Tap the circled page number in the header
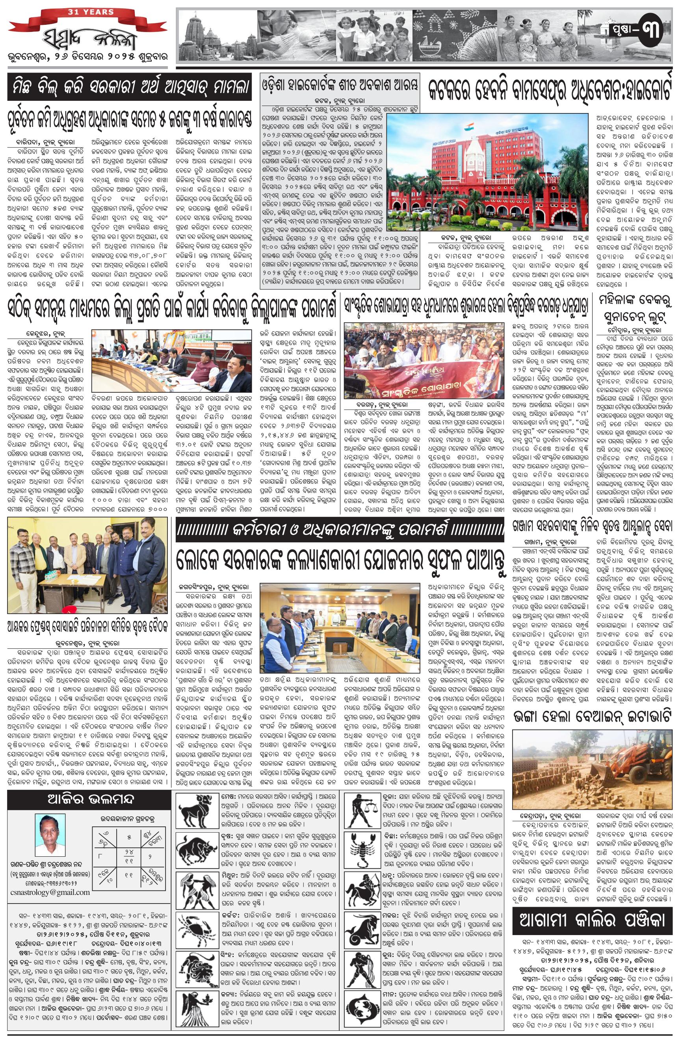[649, 31]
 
